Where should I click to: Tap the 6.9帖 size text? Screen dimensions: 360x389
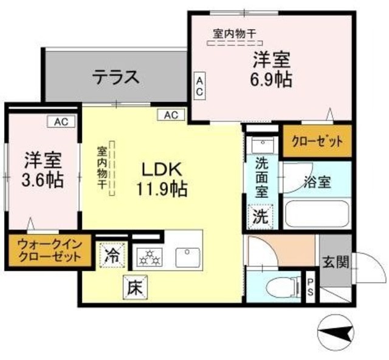pos(271,78)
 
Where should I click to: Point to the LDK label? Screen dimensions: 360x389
pos(160,168)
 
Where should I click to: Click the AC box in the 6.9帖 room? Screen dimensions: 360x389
pos(199,85)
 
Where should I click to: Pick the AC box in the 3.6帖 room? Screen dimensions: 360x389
pos(61,122)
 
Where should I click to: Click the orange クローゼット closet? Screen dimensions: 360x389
pos(317,141)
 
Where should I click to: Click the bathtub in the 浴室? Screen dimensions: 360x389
pos(317,214)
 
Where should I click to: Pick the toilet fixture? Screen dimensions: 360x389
pos(287,285)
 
